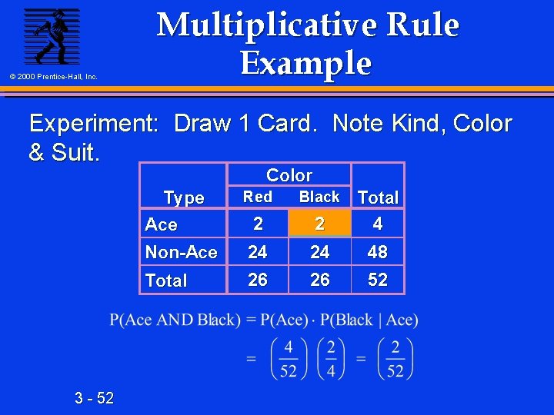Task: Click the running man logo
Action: (x=51, y=36)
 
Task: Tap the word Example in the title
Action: (x=306, y=63)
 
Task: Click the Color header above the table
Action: (x=289, y=175)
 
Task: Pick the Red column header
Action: (x=258, y=197)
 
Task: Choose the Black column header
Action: (x=319, y=197)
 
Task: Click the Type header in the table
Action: (x=184, y=198)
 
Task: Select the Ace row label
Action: (x=162, y=224)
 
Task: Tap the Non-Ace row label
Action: (x=181, y=252)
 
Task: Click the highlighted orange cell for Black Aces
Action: (x=319, y=224)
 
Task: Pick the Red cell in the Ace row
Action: (x=258, y=224)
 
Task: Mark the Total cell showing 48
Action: (x=378, y=252)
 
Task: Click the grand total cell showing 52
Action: (x=378, y=280)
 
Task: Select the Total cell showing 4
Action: (x=378, y=224)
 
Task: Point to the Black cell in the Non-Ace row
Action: (x=319, y=252)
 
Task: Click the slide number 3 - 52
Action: (x=95, y=397)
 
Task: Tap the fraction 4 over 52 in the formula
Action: (x=289, y=359)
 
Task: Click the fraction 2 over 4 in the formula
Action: (x=331, y=359)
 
